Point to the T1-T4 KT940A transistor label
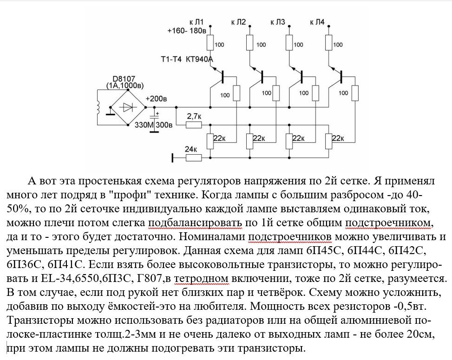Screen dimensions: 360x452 [x=183, y=59]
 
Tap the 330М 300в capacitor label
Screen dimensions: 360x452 [x=153, y=125]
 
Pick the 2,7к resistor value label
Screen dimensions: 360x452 [x=194, y=115]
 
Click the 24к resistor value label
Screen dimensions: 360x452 [x=191, y=149]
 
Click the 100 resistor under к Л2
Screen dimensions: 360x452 [x=250, y=44]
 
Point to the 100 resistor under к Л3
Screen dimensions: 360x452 [x=289, y=44]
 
